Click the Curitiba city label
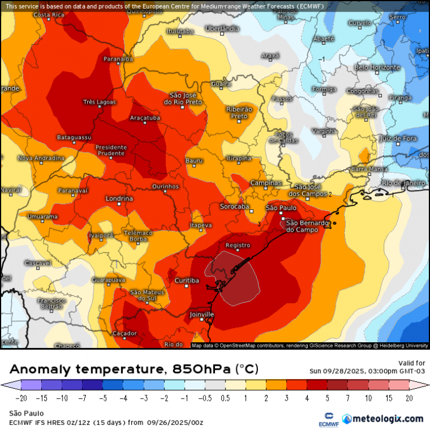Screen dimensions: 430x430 point(187,280)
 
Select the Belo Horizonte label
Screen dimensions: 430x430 point(377,67)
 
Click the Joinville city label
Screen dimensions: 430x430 point(201,315)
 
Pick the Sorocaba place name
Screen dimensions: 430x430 point(234,206)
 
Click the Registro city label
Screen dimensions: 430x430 point(238,245)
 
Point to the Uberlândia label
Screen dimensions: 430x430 point(222,28)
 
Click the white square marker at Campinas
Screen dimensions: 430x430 point(267,190)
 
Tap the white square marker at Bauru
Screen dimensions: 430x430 point(194,167)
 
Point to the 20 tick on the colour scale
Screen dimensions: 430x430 point(409,398)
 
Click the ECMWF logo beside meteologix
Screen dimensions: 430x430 point(329,419)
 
